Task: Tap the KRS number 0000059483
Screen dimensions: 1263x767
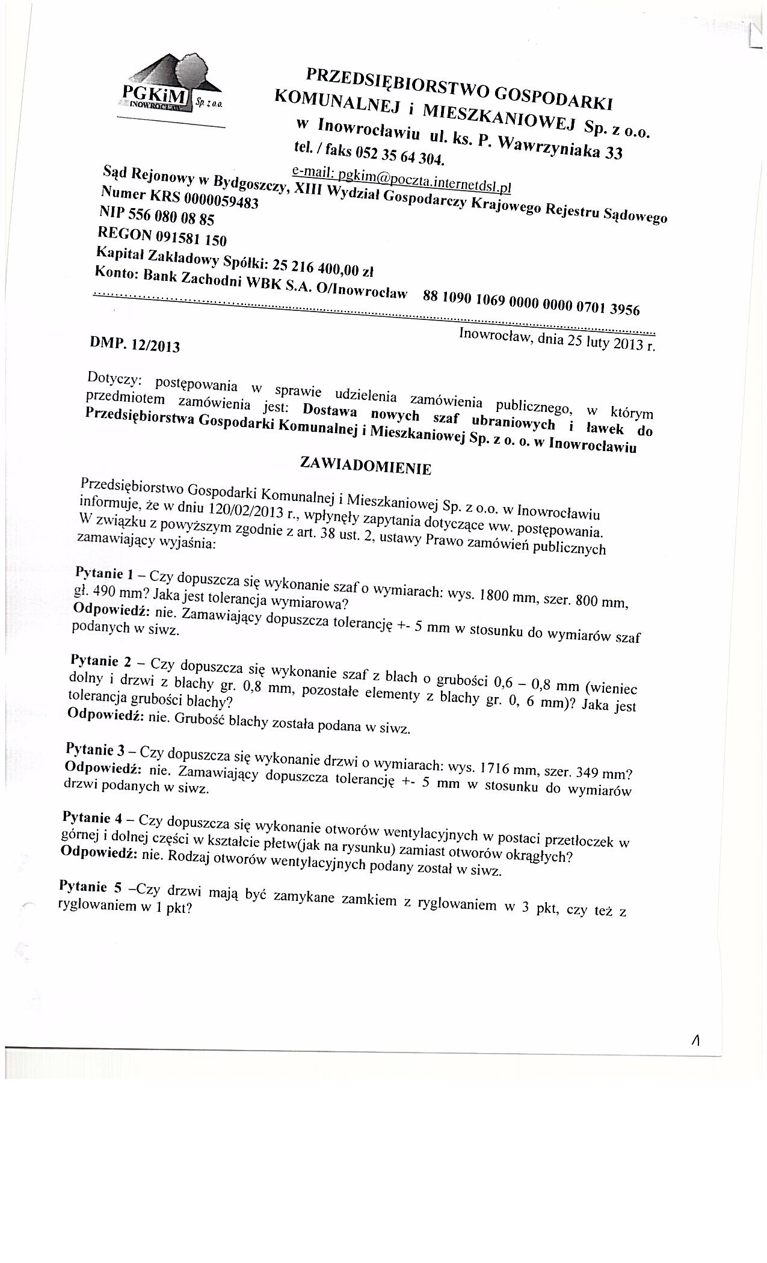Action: tap(222, 200)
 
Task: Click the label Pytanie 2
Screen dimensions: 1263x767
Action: tap(100, 662)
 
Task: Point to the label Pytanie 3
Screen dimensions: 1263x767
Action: tap(96, 749)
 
